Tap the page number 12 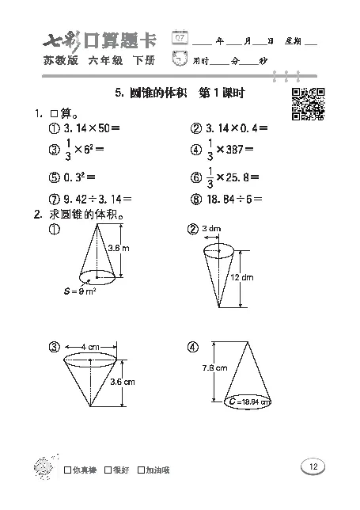coord(313,466)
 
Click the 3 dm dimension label coord(211,229)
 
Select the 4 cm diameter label coord(89,347)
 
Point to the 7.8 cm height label coord(215,367)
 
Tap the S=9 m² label coord(79,291)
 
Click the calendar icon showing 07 coord(181,36)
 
